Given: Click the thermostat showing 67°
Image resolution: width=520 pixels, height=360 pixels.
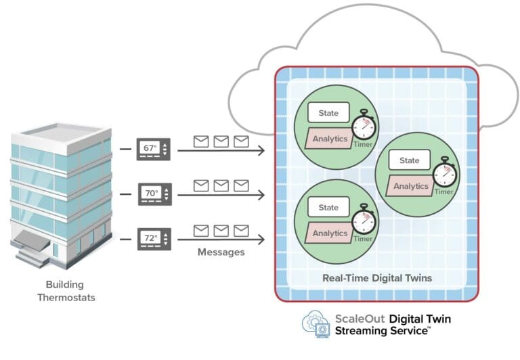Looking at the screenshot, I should click(154, 149).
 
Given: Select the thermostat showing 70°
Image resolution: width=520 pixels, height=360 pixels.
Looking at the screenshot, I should click(154, 194).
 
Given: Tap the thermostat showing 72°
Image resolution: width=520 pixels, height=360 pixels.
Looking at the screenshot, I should click(154, 239).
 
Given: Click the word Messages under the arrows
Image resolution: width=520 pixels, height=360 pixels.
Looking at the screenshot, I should click(221, 252).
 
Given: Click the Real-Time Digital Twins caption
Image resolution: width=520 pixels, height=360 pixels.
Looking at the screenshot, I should click(377, 277).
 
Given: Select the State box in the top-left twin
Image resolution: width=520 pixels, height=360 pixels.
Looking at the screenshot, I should click(328, 112).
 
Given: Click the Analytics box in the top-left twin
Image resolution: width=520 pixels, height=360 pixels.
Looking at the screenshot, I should click(330, 139).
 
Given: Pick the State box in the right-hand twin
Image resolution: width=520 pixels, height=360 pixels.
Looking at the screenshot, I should click(409, 160).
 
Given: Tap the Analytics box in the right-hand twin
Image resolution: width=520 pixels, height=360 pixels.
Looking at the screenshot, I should click(410, 186).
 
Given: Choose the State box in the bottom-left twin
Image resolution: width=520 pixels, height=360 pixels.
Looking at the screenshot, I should click(328, 207).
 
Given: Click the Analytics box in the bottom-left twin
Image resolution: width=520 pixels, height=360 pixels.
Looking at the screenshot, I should click(330, 233).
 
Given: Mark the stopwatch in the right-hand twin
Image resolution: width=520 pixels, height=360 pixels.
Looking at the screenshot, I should click(444, 173).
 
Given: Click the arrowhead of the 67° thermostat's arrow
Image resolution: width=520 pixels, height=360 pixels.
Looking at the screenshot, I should click(261, 150).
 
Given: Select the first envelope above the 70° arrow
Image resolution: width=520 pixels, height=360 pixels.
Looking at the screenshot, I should click(201, 185).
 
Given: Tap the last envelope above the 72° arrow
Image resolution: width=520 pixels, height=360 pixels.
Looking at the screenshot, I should click(241, 230).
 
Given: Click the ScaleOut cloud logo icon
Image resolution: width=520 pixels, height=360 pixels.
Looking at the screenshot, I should click(316, 323).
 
